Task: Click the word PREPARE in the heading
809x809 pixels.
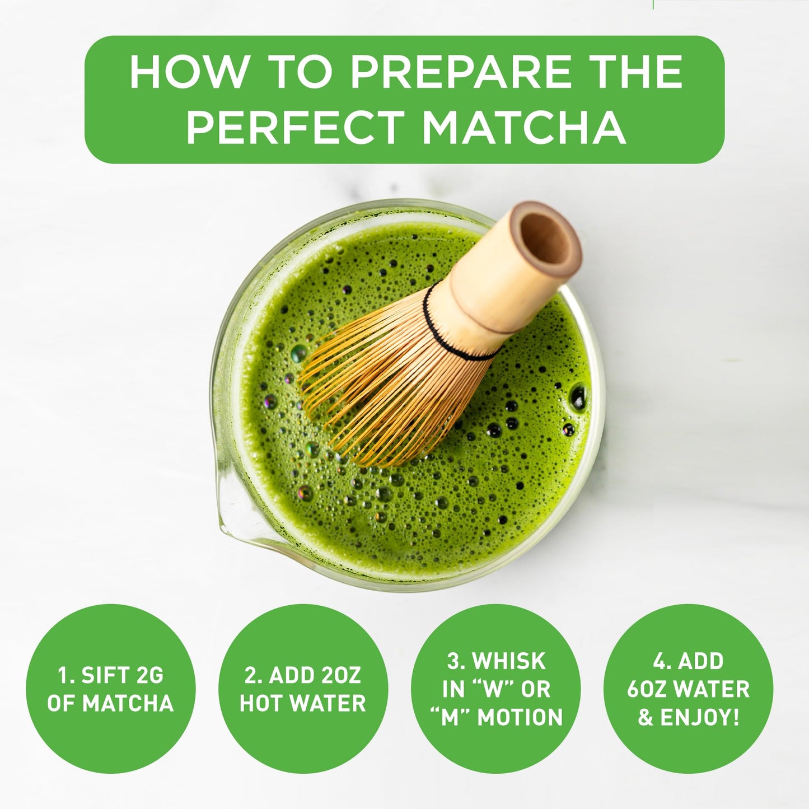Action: click(x=445, y=73)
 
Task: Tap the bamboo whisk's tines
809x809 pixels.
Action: click(x=381, y=386)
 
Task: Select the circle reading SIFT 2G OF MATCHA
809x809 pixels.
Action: click(x=110, y=689)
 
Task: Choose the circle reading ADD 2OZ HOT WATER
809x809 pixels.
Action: click(x=303, y=689)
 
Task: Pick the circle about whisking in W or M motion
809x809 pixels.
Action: click(x=495, y=689)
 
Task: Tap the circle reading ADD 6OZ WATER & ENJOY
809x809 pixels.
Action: click(x=688, y=689)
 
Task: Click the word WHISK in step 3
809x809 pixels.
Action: click(x=509, y=661)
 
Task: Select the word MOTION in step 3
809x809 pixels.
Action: click(x=520, y=717)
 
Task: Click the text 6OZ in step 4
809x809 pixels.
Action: click(x=648, y=689)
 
